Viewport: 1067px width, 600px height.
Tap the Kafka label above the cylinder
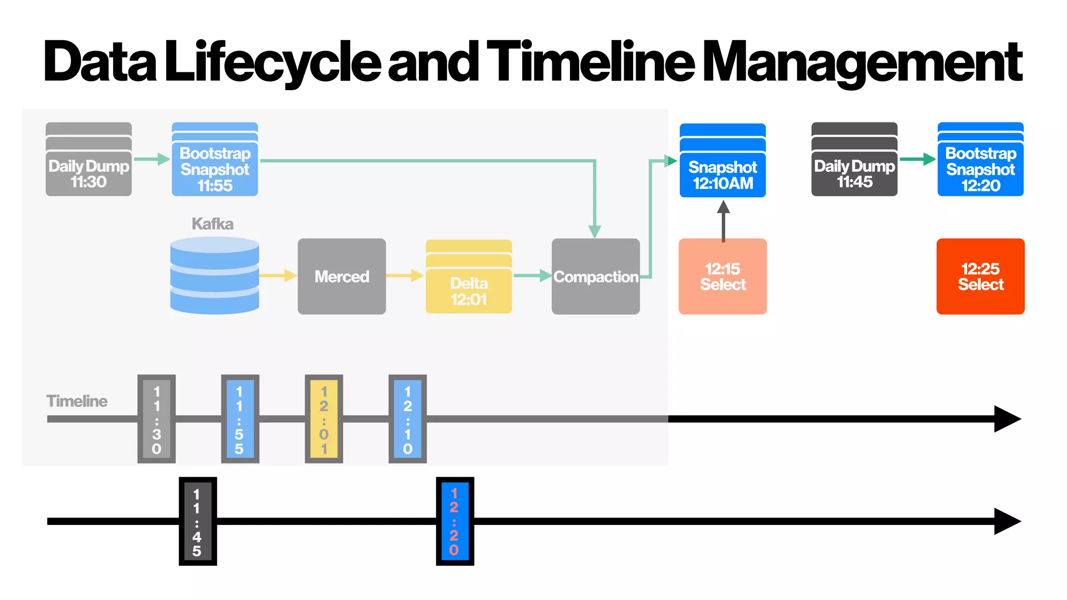tap(213, 224)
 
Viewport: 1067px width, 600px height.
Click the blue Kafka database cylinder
tap(215, 276)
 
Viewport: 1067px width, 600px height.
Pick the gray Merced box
tap(342, 277)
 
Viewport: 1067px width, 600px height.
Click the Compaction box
tap(595, 277)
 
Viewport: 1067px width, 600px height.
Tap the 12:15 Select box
tap(723, 277)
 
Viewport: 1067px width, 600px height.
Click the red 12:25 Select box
tap(981, 277)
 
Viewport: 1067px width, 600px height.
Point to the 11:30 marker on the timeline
tap(156, 419)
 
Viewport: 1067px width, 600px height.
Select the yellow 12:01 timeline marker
tap(324, 419)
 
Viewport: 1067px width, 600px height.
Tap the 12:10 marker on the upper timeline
tap(407, 419)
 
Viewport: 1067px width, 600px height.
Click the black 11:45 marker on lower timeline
tap(197, 521)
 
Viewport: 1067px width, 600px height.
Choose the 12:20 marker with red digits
tap(455, 521)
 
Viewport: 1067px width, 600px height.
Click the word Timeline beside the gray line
tap(77, 401)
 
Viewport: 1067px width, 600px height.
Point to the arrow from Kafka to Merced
tap(278, 275)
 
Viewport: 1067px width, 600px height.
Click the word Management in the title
tap(863, 63)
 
